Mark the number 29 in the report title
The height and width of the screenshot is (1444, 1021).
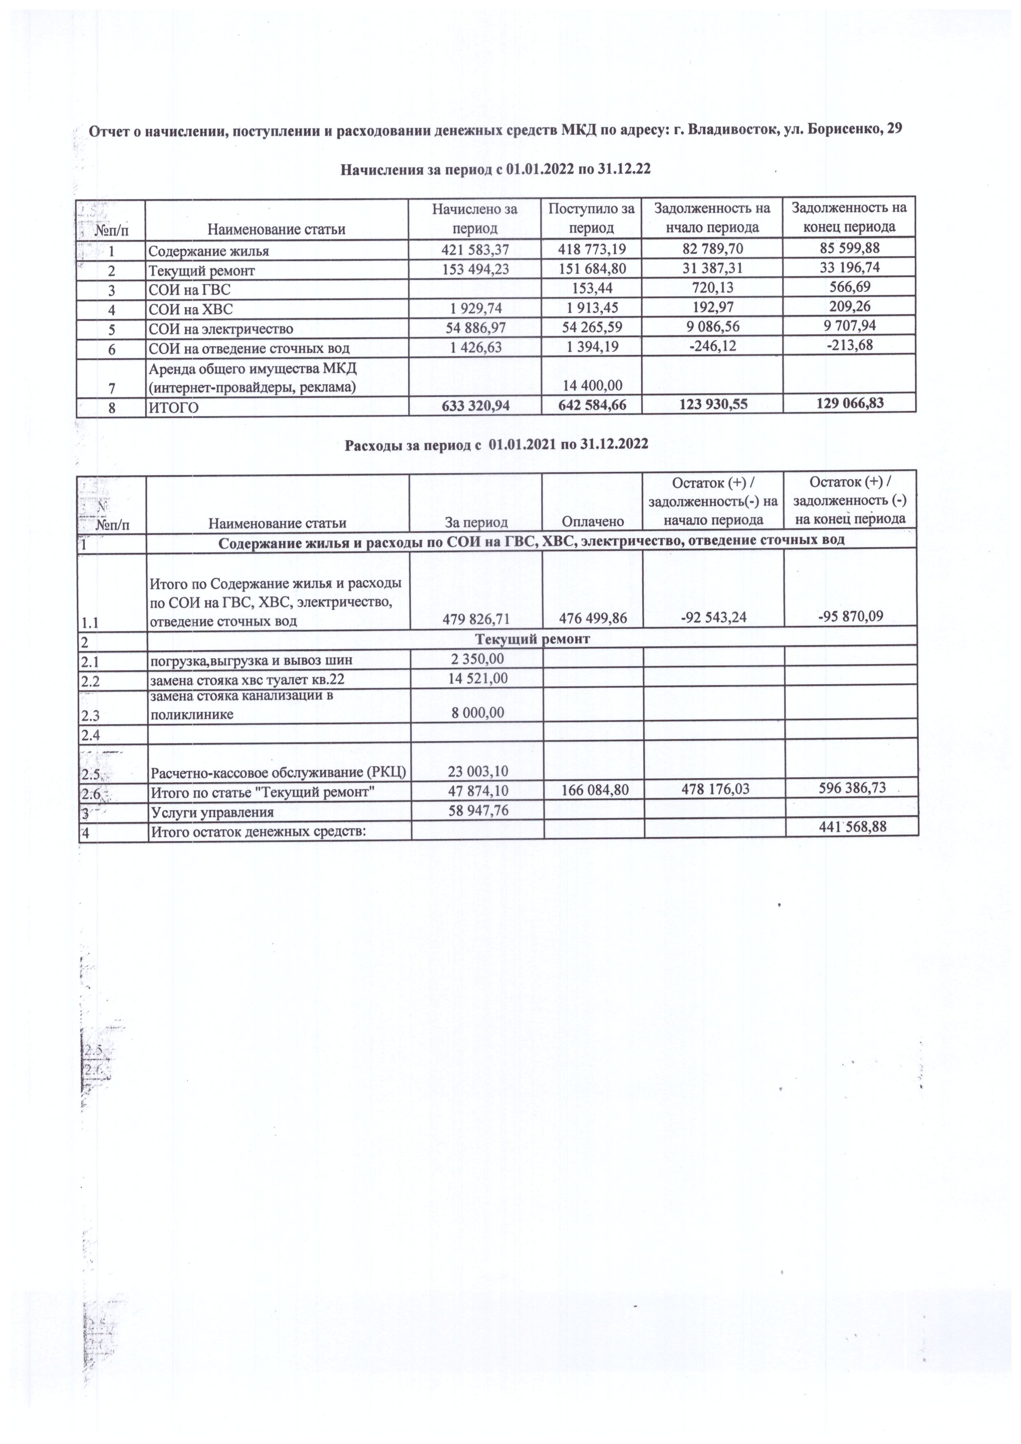point(894,130)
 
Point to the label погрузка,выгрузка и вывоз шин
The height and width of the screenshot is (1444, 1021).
point(251,660)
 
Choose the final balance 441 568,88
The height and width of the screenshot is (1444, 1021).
point(853,826)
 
